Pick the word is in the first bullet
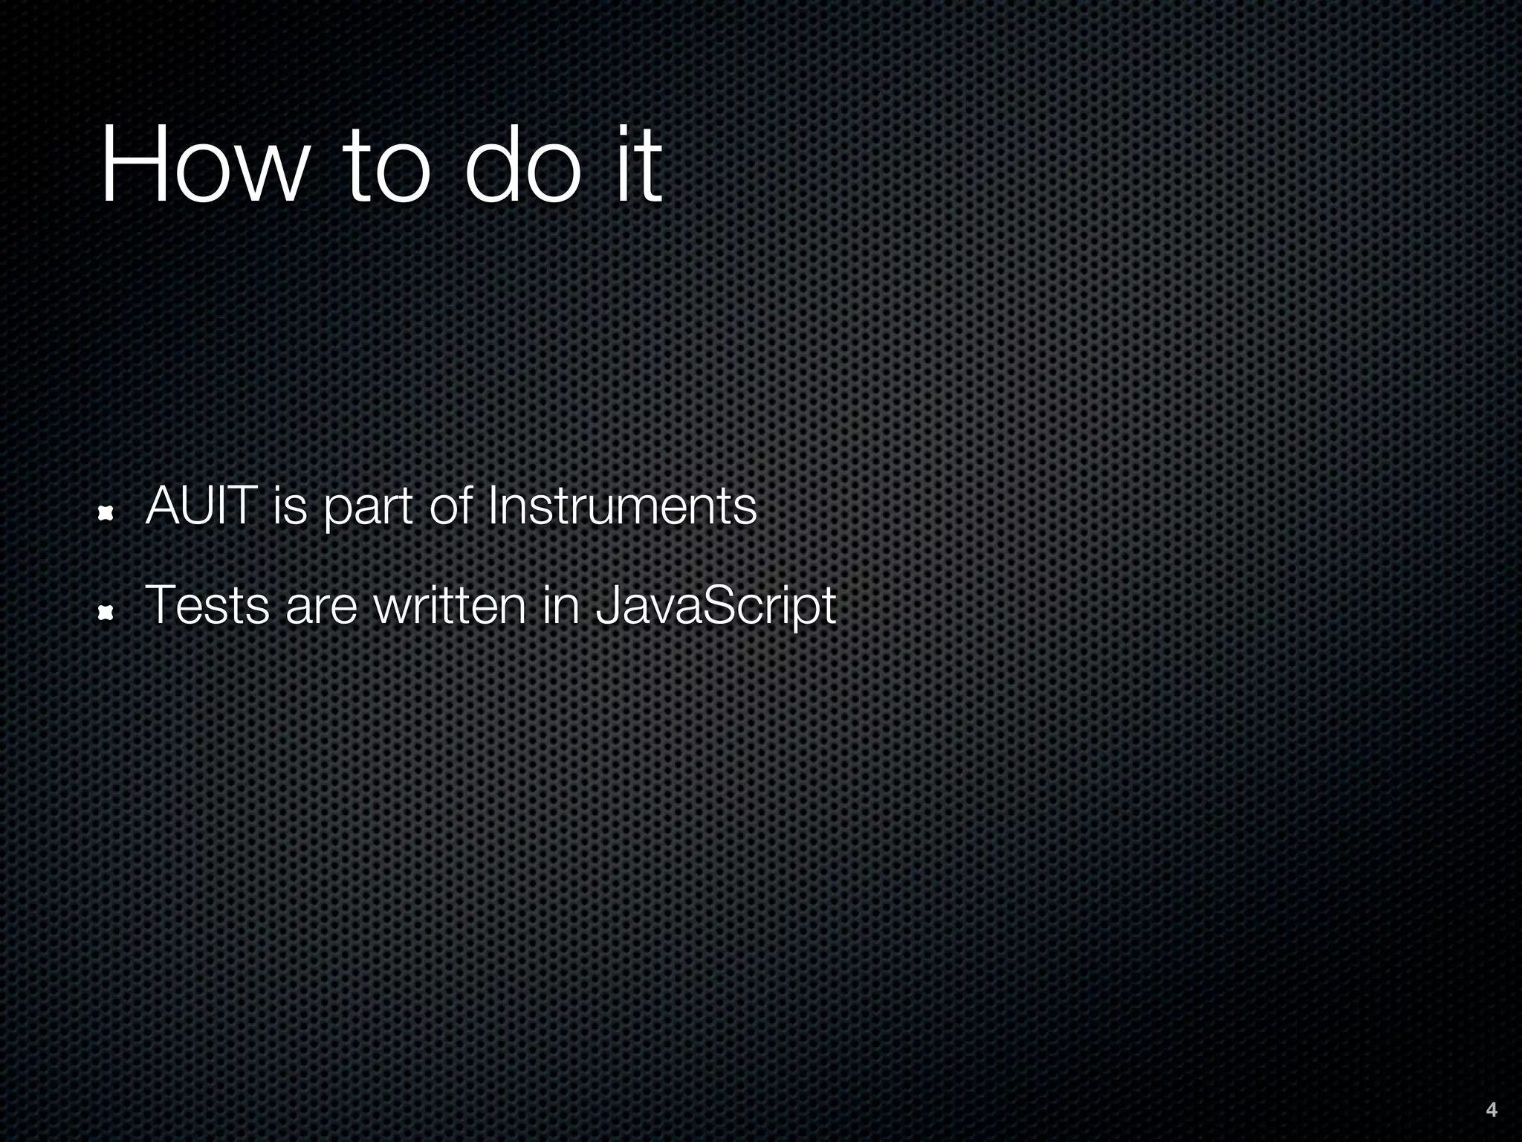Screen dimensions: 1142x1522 coord(290,506)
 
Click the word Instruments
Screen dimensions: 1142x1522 coord(622,506)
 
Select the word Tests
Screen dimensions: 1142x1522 coord(207,605)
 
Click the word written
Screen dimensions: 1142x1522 coord(450,605)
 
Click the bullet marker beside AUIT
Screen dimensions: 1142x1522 coord(106,512)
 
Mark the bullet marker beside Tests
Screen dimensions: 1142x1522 coord(106,612)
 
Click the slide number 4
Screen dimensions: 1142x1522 coord(1491,1110)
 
